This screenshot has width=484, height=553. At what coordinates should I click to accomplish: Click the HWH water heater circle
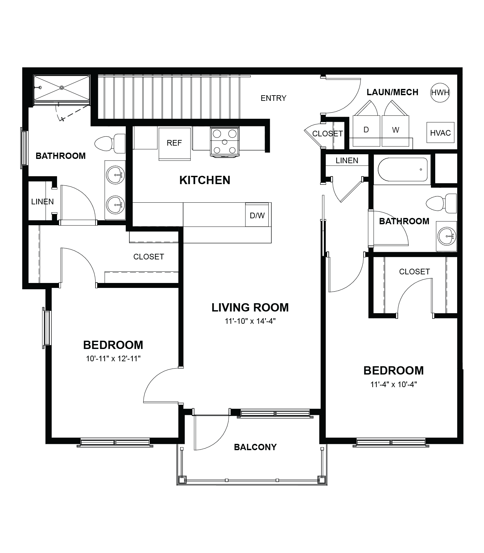click(x=440, y=92)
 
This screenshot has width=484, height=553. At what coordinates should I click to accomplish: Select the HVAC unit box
click(x=440, y=133)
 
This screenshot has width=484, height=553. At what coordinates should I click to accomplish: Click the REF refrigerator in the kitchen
click(x=174, y=144)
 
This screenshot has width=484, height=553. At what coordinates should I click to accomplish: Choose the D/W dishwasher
click(x=257, y=215)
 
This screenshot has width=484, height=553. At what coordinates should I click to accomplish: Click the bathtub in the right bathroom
click(x=402, y=170)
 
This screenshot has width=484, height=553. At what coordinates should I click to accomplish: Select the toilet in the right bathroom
click(x=441, y=203)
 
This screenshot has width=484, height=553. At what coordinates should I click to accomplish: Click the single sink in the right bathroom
click(x=447, y=236)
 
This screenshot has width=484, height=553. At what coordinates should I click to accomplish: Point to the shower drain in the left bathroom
click(x=62, y=88)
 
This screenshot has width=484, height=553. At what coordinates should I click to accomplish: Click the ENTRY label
click(x=273, y=98)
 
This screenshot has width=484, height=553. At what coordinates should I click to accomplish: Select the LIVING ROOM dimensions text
click(x=250, y=321)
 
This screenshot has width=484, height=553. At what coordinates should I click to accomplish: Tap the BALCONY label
click(x=255, y=447)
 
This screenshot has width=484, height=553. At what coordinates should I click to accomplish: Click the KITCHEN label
click(x=205, y=180)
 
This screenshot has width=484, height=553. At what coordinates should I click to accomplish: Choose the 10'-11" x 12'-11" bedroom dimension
click(x=113, y=359)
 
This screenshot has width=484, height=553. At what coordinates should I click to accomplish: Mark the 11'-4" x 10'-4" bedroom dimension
click(x=393, y=384)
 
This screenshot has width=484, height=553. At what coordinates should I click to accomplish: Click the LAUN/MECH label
click(x=392, y=92)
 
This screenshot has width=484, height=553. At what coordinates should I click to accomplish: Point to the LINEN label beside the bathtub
click(x=347, y=161)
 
